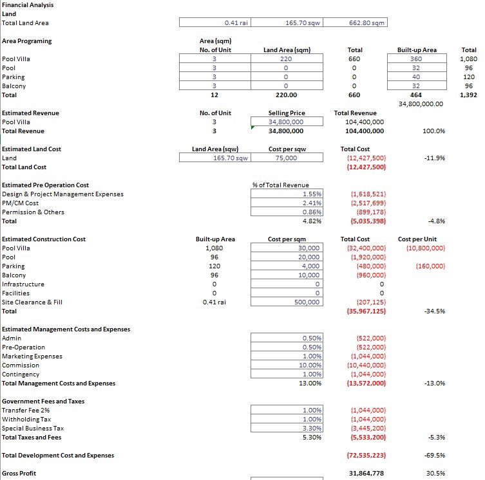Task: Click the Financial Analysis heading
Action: (28, 5)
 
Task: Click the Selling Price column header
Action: (286, 113)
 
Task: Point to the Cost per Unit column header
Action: (417, 239)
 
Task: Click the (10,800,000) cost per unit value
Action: (423, 248)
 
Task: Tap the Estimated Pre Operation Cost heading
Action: (45, 185)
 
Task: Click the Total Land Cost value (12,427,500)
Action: (367, 167)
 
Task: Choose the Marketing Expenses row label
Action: (32, 356)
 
